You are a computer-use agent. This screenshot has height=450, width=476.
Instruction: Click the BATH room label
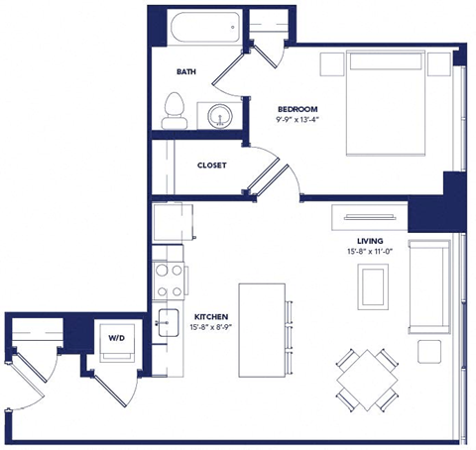pyautogui.click(x=185, y=72)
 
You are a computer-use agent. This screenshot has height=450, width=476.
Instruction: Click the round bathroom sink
pyautogui.click(x=217, y=115)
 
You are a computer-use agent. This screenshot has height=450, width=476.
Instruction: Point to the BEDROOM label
pyautogui.click(x=297, y=107)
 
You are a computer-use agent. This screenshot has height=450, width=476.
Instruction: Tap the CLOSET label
pyautogui.click(x=214, y=165)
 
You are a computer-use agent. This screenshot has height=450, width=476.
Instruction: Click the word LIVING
pyautogui.click(x=371, y=241)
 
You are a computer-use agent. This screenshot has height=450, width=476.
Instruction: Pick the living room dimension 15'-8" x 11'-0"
pyautogui.click(x=371, y=254)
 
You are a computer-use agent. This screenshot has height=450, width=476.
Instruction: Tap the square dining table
pyautogui.click(x=360, y=377)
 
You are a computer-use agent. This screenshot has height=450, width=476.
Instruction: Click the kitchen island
pyautogui.click(x=261, y=327)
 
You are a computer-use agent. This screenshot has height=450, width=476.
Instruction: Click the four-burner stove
pyautogui.click(x=169, y=281)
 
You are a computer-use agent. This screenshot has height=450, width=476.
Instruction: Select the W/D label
pyautogui.click(x=116, y=339)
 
